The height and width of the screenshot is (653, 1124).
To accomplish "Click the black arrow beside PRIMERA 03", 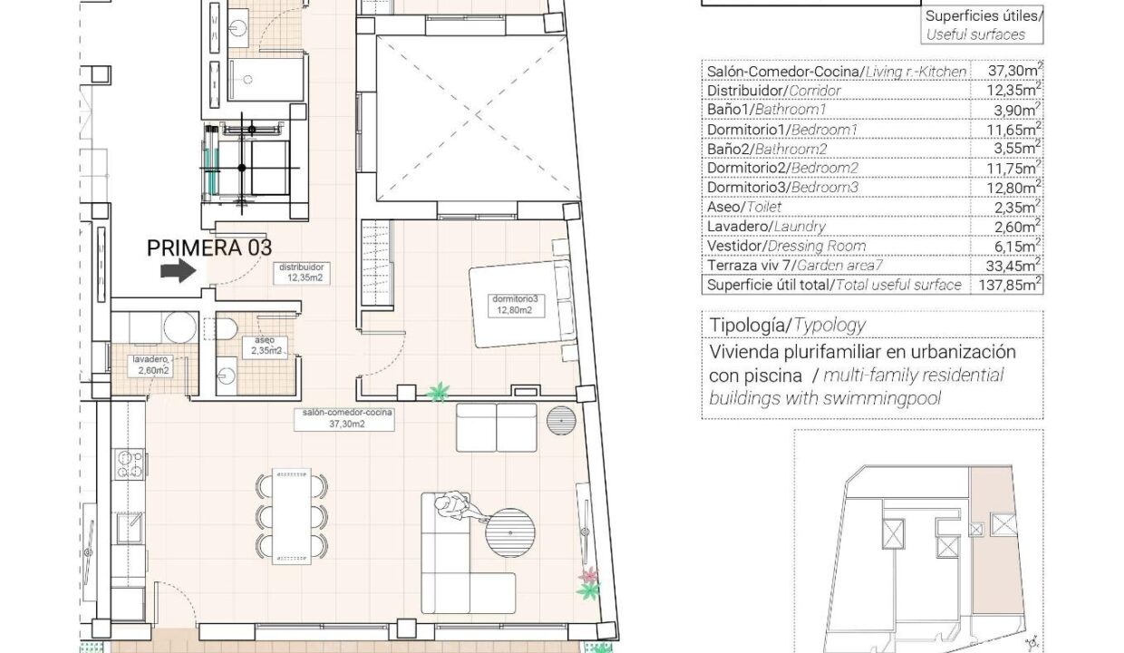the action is coord(179,271).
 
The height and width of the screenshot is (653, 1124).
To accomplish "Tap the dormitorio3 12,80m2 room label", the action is coord(515,305).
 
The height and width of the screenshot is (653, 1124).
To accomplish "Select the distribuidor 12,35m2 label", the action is coord(302,273).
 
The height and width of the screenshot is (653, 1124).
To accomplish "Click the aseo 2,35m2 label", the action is coord(265,346).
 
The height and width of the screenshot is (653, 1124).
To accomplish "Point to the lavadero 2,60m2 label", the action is coord(150,365).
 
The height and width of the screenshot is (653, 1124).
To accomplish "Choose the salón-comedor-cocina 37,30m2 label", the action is coord(344,419).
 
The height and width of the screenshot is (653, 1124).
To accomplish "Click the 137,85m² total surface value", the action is coord(1008,285).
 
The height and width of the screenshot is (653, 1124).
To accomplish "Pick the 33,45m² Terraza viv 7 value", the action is coord(1011,265).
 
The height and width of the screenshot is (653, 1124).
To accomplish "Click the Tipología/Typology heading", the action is coord(788,326).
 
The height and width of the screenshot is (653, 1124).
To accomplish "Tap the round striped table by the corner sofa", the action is coord(510,532).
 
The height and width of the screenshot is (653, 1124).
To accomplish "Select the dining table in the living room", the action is coord(292,516).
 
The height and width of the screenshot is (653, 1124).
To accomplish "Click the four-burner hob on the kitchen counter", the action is coord(130,463).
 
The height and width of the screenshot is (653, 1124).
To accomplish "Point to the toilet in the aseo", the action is coord(227,328).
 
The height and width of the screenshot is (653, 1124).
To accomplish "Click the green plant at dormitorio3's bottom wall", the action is coord(438,392).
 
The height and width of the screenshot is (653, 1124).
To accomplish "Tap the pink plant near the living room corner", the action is coord(588,575).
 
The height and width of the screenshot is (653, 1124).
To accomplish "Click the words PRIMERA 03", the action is coord(209,248).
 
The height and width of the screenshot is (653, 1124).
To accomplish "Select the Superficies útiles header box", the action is coord(982,25).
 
